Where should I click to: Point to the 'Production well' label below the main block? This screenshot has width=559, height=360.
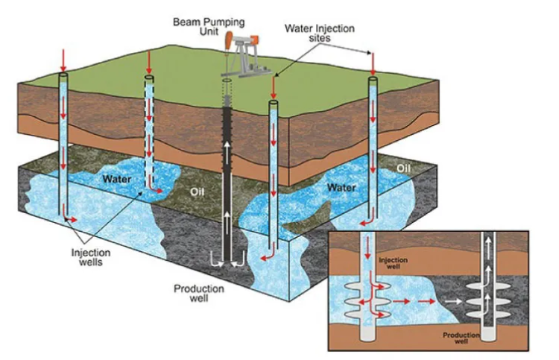195,294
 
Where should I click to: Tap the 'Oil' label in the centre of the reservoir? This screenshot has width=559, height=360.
197,192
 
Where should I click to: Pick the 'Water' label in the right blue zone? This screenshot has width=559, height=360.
342,187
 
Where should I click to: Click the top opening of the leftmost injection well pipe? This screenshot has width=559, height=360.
63,75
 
